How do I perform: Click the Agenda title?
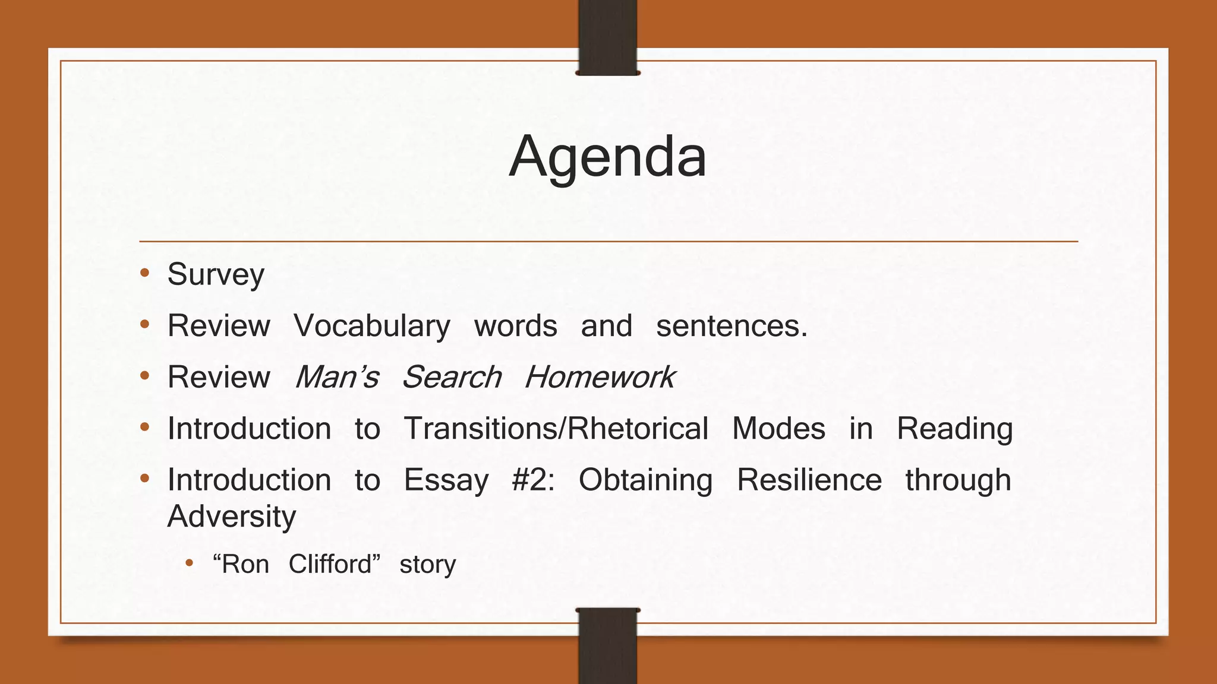[x=607, y=157]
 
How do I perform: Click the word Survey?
[x=216, y=275]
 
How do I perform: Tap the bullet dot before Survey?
[x=144, y=273]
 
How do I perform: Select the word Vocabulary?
[x=372, y=326]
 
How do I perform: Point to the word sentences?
[x=731, y=326]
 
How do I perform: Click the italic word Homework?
[x=599, y=377]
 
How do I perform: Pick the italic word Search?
[x=452, y=377]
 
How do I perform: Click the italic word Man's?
[x=337, y=377]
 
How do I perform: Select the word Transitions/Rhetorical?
[x=556, y=429]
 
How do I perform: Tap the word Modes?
[x=778, y=429]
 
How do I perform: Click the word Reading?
[x=954, y=429]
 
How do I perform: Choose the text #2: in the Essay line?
[x=532, y=480]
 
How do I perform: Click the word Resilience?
[x=809, y=480]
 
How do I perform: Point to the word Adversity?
[x=232, y=517]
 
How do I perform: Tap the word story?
[x=427, y=565]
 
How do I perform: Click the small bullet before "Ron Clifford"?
[x=190, y=562]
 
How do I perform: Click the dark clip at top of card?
[x=607, y=37]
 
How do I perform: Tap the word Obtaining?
[x=645, y=480]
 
